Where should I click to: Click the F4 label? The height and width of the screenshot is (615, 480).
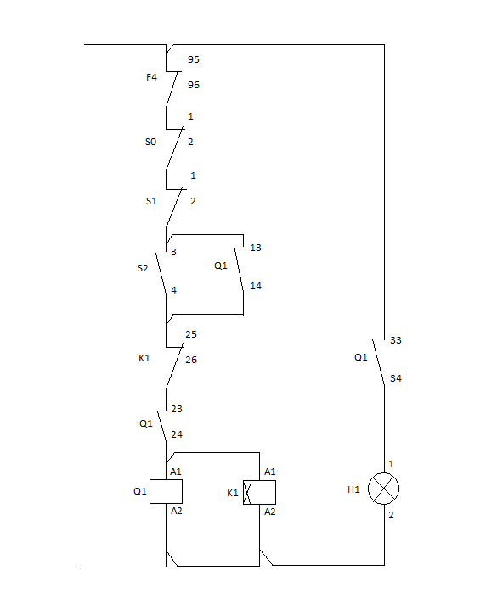click(151, 77)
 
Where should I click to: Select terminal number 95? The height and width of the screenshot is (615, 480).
click(193, 59)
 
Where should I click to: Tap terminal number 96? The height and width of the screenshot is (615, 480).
click(193, 85)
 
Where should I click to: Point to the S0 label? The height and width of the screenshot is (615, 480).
click(151, 142)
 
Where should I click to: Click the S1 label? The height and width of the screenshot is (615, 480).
click(151, 201)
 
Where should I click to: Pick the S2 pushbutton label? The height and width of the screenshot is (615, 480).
click(143, 268)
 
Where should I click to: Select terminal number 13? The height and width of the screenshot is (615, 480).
click(256, 248)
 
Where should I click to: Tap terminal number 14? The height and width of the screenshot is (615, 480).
click(256, 286)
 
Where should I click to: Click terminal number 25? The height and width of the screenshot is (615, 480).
click(191, 334)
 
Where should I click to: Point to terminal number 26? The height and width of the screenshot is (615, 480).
click(191, 360)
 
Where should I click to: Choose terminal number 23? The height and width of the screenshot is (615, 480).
click(177, 409)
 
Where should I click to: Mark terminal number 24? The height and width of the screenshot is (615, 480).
click(177, 434)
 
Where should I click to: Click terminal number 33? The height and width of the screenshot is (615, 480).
click(396, 340)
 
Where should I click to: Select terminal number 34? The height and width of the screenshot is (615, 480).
click(396, 378)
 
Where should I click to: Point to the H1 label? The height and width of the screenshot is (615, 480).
click(353, 489)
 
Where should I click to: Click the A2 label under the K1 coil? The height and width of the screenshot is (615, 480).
click(270, 512)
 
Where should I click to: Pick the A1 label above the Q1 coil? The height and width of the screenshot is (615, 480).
click(176, 472)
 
